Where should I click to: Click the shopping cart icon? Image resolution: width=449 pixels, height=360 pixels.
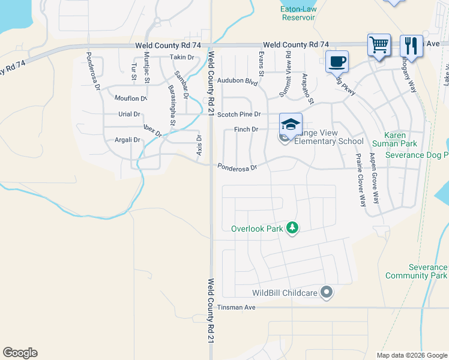pyautogui.click(x=379, y=44)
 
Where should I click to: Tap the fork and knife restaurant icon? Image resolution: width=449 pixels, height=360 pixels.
pyautogui.click(x=411, y=45)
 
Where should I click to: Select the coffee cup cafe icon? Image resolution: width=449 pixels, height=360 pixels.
pyautogui.click(x=337, y=61)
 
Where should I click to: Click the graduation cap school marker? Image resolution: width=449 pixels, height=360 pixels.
pyautogui.click(x=291, y=124)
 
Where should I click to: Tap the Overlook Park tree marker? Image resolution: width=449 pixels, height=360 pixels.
pyautogui.click(x=292, y=228)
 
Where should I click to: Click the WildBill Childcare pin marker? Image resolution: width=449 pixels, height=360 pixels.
pyautogui.click(x=327, y=293)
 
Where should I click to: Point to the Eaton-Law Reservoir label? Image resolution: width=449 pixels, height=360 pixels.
pyautogui.click(x=298, y=13)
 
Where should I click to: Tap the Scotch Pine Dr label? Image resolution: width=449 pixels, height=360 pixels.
pyautogui.click(x=239, y=114)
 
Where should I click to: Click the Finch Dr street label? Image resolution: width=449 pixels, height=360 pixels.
pyautogui.click(x=246, y=129)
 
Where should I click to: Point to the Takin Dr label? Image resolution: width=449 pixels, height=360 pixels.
pyautogui.click(x=182, y=57)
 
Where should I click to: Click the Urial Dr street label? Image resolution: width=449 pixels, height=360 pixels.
pyautogui.click(x=128, y=114)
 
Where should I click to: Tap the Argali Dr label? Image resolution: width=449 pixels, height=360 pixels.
pyautogui.click(x=127, y=140)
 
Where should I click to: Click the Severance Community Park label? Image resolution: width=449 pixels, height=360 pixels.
pyautogui.click(x=424, y=271)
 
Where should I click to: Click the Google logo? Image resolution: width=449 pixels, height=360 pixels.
pyautogui.click(x=20, y=353)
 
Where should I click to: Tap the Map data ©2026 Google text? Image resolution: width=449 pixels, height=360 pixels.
pyautogui.click(x=411, y=355)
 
